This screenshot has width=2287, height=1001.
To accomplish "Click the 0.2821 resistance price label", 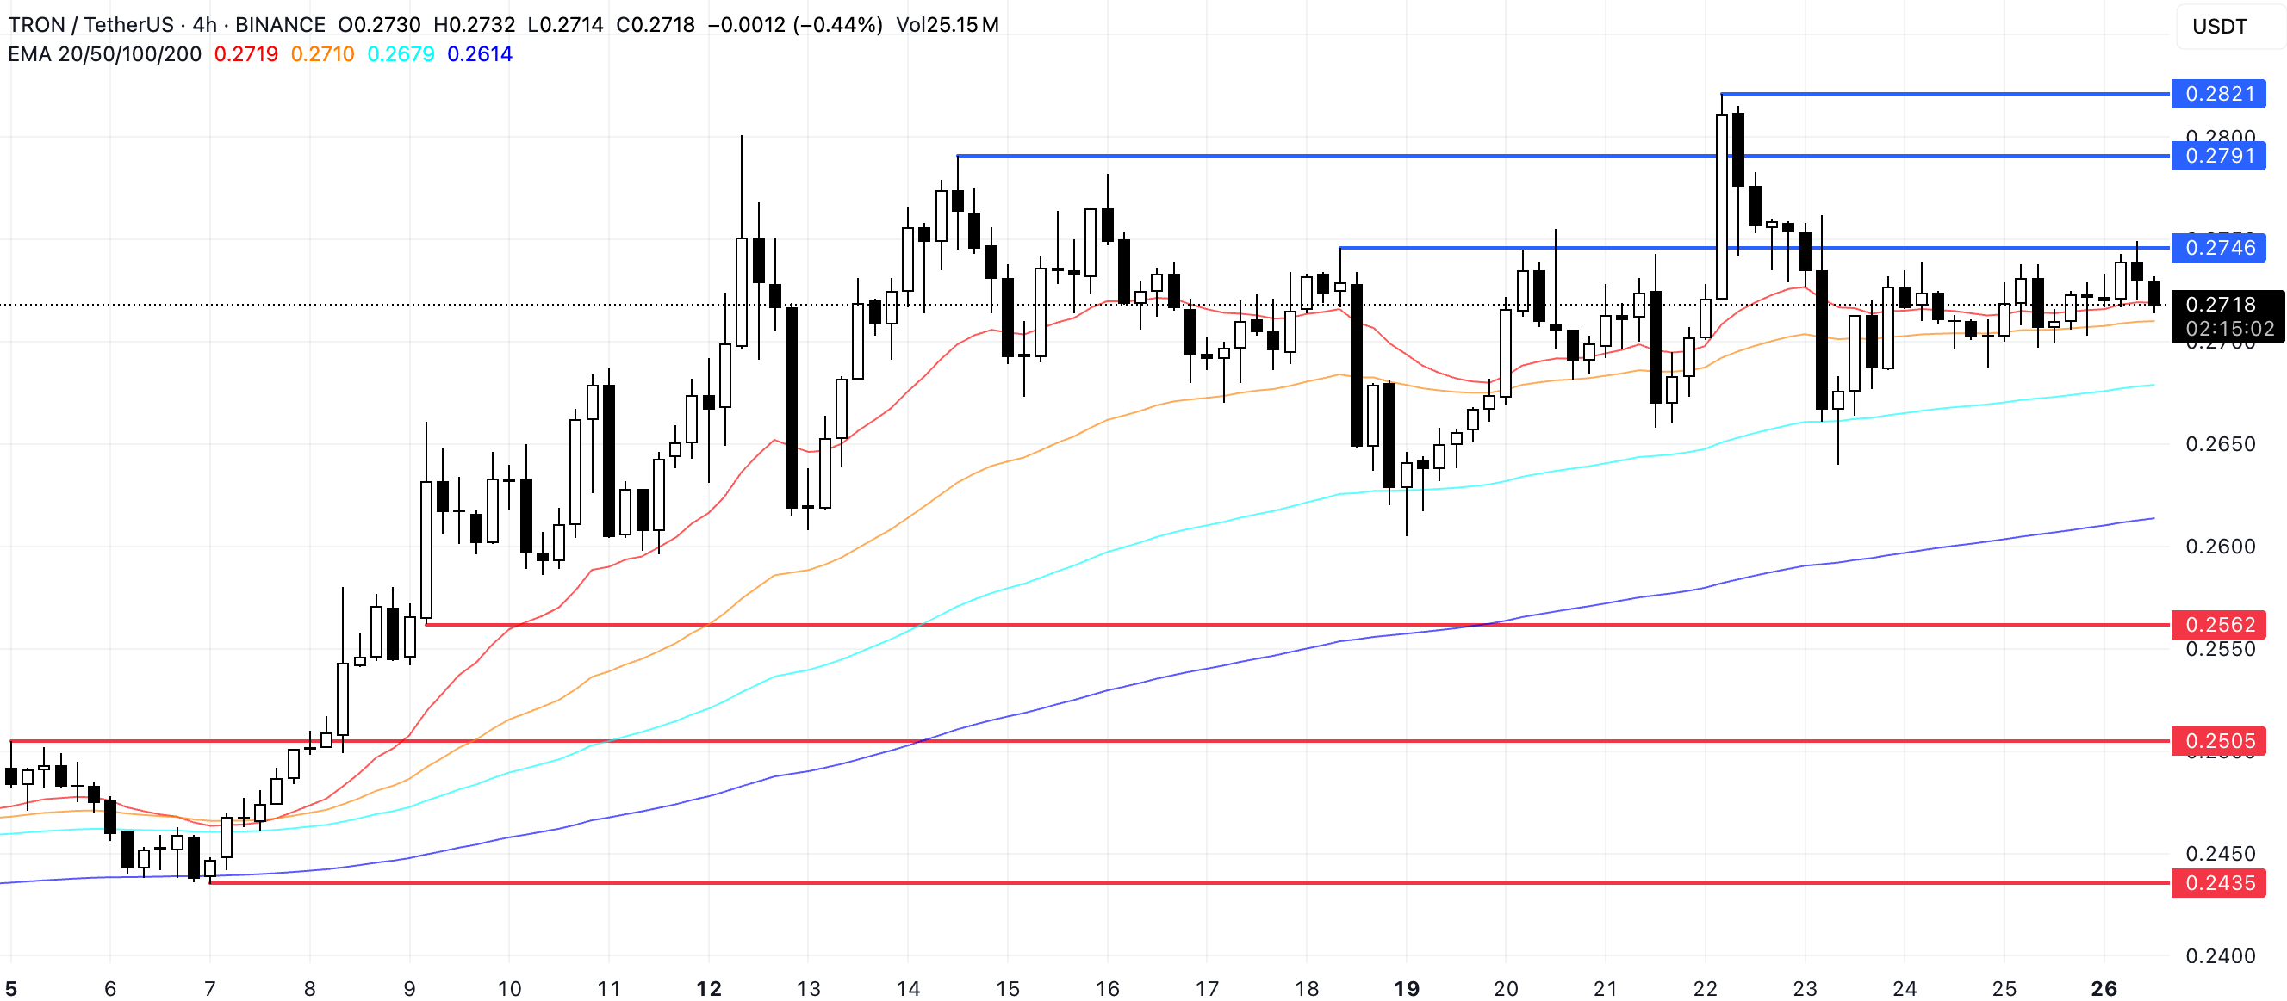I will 2218,94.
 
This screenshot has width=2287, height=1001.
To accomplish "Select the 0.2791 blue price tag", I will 2218,156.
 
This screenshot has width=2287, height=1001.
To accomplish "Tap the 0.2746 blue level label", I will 2218,248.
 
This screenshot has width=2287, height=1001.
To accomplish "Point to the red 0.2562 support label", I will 2218,625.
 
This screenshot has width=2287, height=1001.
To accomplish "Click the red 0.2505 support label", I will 2218,741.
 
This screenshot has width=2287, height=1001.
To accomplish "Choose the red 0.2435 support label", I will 2218,883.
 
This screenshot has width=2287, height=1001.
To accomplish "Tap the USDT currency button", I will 2220,27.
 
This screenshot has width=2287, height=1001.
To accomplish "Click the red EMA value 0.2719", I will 245,54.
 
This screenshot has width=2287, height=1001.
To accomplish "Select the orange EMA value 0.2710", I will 322,54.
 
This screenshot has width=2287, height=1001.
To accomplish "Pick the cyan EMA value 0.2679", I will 401,54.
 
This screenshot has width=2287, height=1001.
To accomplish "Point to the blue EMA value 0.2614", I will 480,54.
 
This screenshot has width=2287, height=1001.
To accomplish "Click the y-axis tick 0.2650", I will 2220,444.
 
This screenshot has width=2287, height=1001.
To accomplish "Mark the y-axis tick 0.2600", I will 2220,547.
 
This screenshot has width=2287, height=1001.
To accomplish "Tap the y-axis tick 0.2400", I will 2220,956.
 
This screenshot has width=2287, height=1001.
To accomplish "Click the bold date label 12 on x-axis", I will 708,989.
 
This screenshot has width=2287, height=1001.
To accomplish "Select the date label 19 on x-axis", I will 1407,989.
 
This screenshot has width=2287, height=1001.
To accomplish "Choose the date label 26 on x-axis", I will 2104,989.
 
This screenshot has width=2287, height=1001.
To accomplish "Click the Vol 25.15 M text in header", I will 947,25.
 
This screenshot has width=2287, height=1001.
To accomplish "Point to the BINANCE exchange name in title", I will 280,25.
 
